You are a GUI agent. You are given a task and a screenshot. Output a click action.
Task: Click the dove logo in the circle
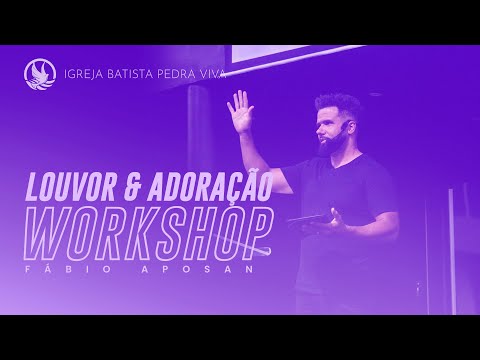pyautogui.click(x=40, y=74)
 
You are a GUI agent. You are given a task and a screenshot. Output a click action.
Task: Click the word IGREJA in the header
pyautogui.click(x=87, y=74)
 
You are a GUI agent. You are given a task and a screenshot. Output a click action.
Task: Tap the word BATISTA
pyautogui.click(x=139, y=74)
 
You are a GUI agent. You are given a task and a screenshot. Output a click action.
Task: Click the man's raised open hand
pyautogui.click(x=240, y=110)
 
